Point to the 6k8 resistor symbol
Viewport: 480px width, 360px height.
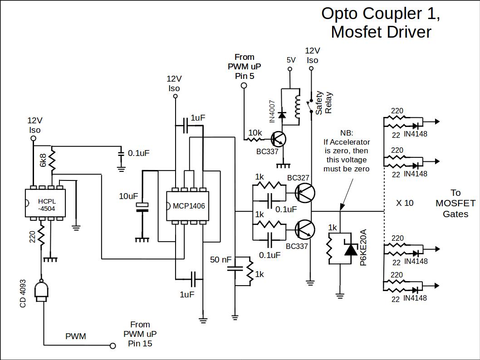click(x=53, y=160)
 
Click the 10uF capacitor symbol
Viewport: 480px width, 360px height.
click(x=142, y=207)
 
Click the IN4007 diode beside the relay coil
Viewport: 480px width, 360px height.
click(x=282, y=115)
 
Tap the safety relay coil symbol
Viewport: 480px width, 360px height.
click(x=298, y=106)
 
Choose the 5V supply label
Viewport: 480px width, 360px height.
click(x=291, y=60)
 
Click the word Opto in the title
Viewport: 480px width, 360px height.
click(x=338, y=14)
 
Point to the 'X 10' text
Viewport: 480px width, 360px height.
click(x=405, y=203)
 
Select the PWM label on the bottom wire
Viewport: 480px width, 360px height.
click(x=75, y=336)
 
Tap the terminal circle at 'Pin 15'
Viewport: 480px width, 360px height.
click(x=113, y=346)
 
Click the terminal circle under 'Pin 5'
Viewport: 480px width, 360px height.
click(x=244, y=85)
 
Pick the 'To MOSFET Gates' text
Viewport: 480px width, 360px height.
click(x=455, y=203)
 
